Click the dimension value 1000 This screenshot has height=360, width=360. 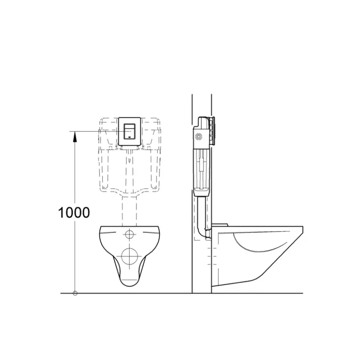pos(74,212)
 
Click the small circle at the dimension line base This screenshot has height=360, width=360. pos(75,293)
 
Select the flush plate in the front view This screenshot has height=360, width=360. pos(130,131)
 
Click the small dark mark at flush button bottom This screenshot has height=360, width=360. pos(130,137)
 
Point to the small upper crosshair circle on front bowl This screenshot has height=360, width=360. pos(130,234)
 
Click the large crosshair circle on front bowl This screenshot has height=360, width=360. pos(130,256)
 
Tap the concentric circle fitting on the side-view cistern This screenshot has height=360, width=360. pos(198,137)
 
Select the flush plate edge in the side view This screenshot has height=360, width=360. pos(214,131)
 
